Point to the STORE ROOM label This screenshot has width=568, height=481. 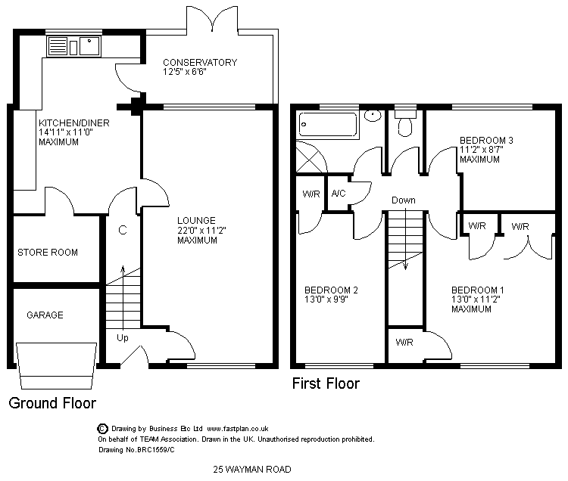click(x=48, y=253)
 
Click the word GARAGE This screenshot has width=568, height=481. click(x=45, y=315)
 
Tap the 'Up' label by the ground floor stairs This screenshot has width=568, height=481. click(x=123, y=337)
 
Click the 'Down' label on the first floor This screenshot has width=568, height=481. click(x=404, y=200)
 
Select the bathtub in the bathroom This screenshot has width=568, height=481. click(x=329, y=123)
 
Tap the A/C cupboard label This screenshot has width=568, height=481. click(x=339, y=194)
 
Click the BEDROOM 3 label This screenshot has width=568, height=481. click(x=487, y=140)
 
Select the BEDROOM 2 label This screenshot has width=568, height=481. click(x=331, y=290)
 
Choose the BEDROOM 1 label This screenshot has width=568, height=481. click(x=478, y=290)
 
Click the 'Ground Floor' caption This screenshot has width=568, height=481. click(x=52, y=403)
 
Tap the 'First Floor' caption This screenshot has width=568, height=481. click(x=326, y=384)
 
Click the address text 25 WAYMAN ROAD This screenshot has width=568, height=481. click(x=253, y=470)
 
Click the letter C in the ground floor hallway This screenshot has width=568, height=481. click(x=122, y=229)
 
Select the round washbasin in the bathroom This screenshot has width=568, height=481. click(x=373, y=116)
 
